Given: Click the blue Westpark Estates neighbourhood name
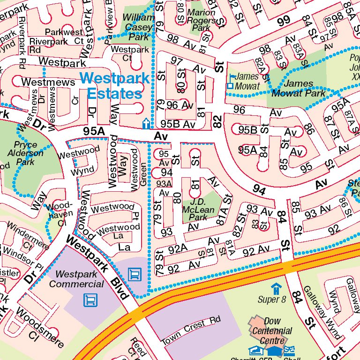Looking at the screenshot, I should (114, 85).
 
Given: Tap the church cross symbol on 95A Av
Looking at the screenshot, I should (146, 124).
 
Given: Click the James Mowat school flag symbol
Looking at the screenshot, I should (230, 81).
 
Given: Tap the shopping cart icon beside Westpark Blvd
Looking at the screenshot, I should (134, 273).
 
